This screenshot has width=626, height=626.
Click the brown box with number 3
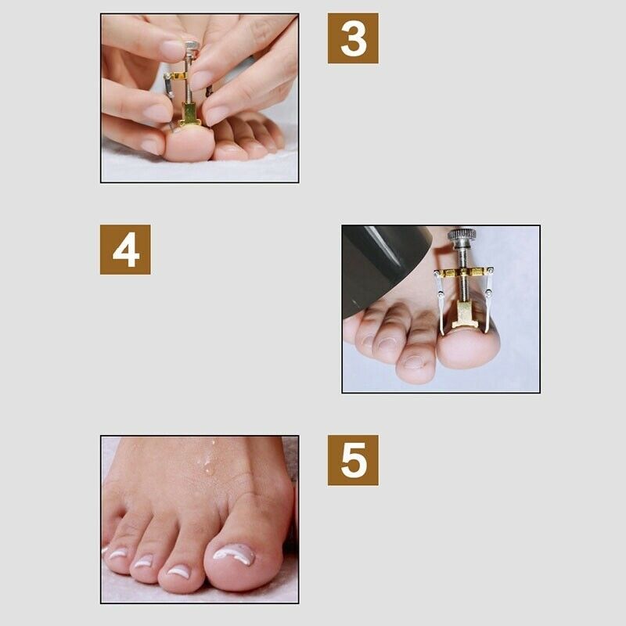pyautogui.click(x=353, y=38)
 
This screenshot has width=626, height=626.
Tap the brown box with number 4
pyautogui.click(x=125, y=250)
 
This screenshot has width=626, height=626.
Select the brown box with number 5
pyautogui.click(x=353, y=460)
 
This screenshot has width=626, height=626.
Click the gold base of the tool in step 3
pyautogui.click(x=189, y=115)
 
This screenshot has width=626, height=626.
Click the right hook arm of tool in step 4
pyautogui.click(x=490, y=301)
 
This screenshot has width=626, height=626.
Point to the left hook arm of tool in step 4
pyautogui.click(x=441, y=301)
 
